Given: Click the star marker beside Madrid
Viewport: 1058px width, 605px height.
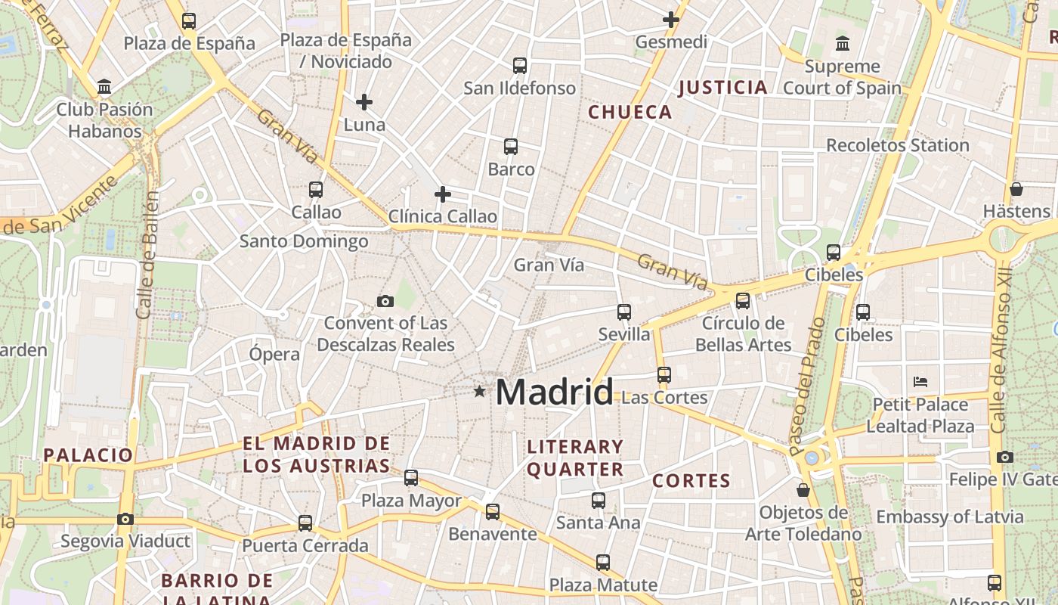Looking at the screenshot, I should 479,391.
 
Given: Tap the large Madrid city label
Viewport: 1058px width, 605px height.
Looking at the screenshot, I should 554,392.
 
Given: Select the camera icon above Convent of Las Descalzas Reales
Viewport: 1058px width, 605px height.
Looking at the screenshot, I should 385,302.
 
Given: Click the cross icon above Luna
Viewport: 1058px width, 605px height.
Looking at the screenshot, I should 364,101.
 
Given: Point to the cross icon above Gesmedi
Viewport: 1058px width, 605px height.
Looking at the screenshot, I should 671,20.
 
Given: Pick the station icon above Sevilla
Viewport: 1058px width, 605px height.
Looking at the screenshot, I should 624,312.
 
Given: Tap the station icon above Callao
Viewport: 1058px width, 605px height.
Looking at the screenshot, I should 316,189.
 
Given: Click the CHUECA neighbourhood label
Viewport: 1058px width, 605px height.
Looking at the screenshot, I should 630,113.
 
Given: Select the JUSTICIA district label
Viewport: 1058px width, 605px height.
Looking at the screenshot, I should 723,88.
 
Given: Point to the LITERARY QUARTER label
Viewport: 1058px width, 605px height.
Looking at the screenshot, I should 575,458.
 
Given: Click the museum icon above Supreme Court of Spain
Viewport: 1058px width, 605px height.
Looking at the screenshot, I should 843,44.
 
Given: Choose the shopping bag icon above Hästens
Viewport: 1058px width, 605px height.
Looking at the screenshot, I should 1016,189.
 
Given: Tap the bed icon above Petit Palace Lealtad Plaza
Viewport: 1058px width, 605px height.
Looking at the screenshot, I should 920,381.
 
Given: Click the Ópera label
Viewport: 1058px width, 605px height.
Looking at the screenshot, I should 274,354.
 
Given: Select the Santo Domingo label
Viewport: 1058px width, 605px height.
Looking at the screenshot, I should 304,241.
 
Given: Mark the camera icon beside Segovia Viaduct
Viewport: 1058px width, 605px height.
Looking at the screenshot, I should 125,519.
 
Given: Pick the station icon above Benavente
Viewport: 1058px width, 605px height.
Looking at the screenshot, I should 493,512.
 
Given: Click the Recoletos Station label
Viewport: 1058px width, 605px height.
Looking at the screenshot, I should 898,145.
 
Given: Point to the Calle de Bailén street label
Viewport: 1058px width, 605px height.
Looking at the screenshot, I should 148,255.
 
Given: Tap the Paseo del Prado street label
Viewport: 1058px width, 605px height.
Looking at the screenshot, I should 806,386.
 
